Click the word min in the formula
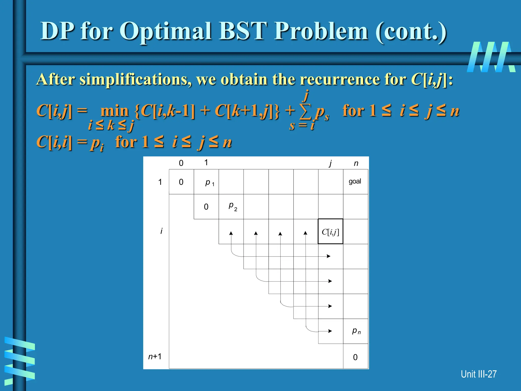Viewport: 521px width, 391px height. click(114, 111)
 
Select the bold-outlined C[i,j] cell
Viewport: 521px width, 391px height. click(330, 231)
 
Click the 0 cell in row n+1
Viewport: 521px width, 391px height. click(355, 357)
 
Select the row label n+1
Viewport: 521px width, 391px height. click(155, 356)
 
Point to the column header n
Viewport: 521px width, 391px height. click(356, 163)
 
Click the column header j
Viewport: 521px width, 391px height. click(330, 163)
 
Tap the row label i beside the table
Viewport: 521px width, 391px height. click(161, 231)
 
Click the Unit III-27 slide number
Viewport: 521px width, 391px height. click(478, 374)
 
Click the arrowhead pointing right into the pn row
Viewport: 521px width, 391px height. click(330, 331)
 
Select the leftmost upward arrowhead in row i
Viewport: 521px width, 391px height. click(231, 233)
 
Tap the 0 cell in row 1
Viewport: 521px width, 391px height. click(181, 182)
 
